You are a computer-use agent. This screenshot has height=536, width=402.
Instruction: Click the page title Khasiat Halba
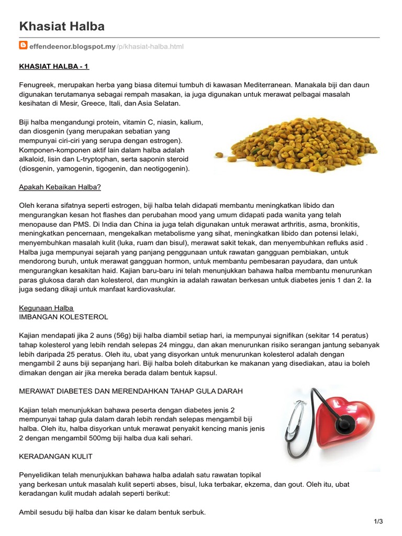pos(62,26)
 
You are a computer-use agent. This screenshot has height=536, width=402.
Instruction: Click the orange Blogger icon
pos(23,46)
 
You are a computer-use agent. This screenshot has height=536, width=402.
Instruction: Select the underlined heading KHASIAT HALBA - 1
pos(58,66)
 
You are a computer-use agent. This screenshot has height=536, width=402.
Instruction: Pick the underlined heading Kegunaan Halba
pos(46,307)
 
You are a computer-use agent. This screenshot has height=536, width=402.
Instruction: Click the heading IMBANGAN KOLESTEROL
pos(63,317)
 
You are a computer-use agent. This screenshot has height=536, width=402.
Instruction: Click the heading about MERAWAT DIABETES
pos(131,391)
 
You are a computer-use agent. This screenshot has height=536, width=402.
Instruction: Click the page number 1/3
pos(378,521)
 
